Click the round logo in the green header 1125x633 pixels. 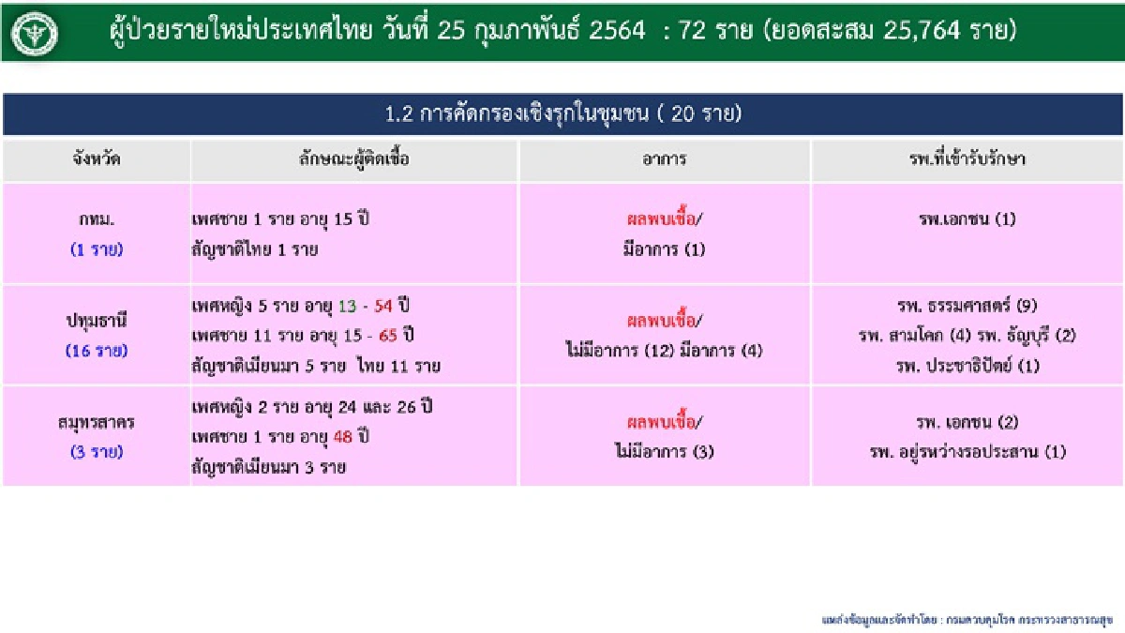click(x=35, y=33)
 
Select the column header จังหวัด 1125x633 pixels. click(x=96, y=159)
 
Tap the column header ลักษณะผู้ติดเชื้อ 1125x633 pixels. click(x=353, y=159)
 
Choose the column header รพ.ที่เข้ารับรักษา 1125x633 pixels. click(x=967, y=159)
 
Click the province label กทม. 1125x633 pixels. click(x=97, y=220)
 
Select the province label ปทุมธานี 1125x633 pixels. click(x=97, y=321)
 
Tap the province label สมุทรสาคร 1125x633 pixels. click(x=97, y=422)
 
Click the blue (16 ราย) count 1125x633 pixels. click(x=97, y=351)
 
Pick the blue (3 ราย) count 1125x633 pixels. click(x=97, y=451)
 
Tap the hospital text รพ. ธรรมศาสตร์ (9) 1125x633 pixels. click(x=967, y=306)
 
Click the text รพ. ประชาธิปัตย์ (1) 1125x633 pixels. click(x=967, y=366)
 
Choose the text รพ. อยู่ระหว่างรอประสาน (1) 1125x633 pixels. click(x=967, y=452)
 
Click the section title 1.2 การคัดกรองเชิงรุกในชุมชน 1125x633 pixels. click(x=562, y=114)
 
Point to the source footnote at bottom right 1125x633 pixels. click(x=967, y=620)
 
